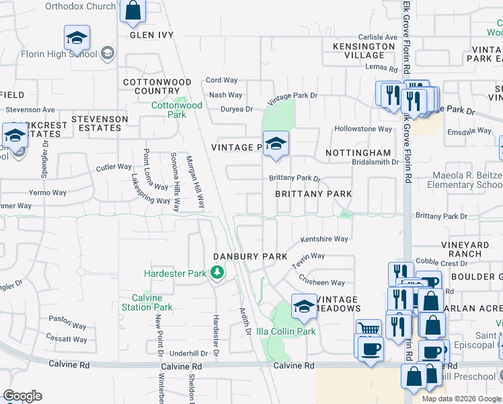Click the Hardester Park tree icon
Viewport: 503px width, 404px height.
217,273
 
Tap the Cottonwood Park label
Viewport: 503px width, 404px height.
177,110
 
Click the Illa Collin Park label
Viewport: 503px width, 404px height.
286,331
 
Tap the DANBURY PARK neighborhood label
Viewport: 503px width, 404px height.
250,257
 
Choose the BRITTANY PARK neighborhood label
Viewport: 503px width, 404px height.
313,194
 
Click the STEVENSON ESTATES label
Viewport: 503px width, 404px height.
100,123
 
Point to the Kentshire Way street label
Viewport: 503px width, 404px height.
324,239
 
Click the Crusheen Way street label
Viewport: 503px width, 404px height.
321,283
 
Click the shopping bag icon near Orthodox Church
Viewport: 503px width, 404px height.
133,11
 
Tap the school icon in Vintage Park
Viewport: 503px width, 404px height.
275,144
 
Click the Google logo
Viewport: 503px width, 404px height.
22,396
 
